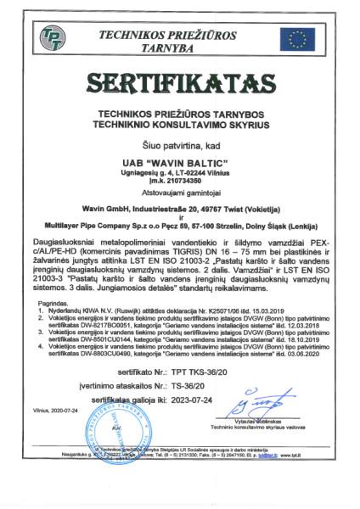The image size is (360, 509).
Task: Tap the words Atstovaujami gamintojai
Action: (x=180, y=193)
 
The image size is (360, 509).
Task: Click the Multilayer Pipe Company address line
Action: (x=180, y=228)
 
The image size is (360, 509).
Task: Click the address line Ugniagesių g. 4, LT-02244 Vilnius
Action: (x=180, y=171)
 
